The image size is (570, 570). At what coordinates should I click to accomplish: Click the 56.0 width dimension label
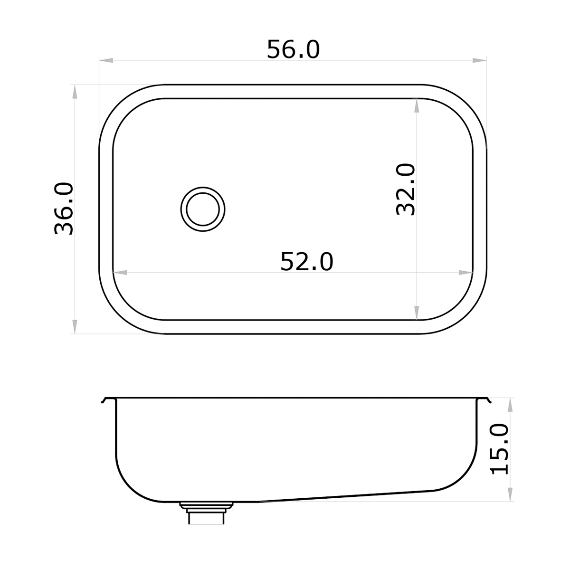tap(293, 49)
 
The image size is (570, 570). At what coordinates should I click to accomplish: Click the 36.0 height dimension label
tap(64, 209)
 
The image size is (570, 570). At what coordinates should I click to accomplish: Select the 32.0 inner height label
tap(406, 189)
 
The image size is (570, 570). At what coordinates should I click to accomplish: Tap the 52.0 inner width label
tap(307, 262)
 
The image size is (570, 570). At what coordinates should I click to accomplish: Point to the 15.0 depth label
tap(499, 449)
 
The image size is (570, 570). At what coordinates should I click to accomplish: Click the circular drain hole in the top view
tap(203, 209)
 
